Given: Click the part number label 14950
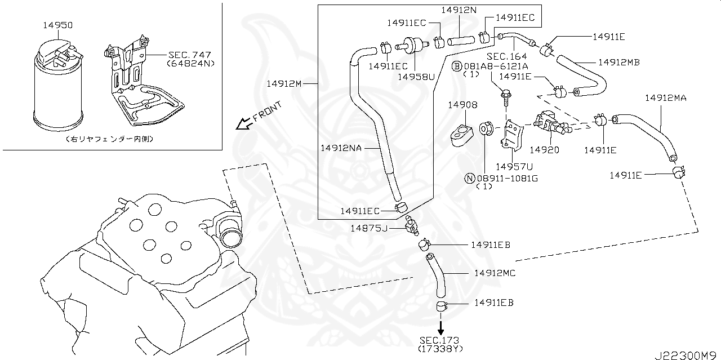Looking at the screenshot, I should [x=58, y=25].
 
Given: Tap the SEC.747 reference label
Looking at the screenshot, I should [x=189, y=55].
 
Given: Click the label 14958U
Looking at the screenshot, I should [x=416, y=76].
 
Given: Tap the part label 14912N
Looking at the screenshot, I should [x=459, y=10].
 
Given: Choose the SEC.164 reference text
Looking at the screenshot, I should [x=506, y=56].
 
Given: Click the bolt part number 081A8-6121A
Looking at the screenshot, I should [x=495, y=66].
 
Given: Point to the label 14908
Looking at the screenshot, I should [x=462, y=105].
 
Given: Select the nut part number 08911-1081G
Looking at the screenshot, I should [x=506, y=179].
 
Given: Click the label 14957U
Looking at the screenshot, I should [x=514, y=166].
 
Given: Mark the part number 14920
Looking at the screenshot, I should [x=545, y=150].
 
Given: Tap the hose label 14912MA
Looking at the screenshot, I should [x=665, y=97].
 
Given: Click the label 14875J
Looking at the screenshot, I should [x=369, y=228].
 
